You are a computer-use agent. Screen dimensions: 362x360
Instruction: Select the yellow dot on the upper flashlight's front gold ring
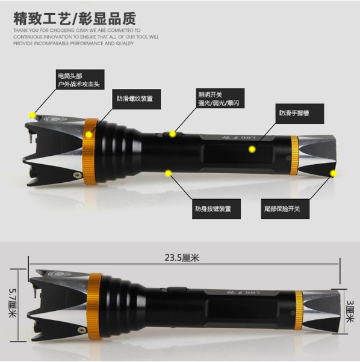90,135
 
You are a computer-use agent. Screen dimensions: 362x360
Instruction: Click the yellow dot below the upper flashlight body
169,173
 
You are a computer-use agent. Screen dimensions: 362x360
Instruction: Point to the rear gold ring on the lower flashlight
299,307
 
